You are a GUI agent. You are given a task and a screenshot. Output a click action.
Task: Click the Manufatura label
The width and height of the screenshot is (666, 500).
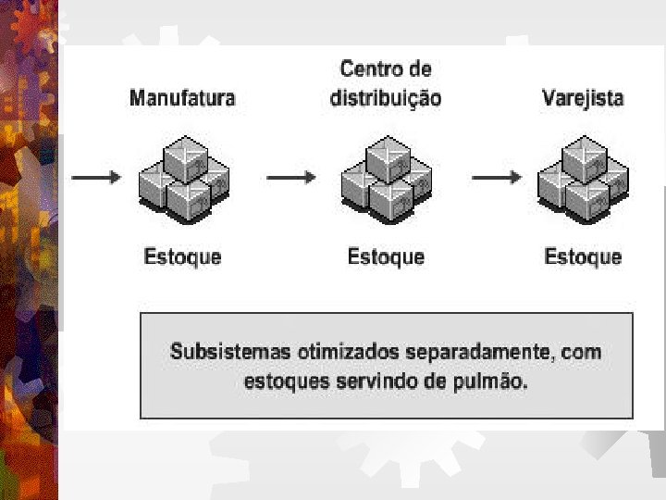182,97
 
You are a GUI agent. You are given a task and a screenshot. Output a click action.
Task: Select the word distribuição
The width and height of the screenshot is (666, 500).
386,98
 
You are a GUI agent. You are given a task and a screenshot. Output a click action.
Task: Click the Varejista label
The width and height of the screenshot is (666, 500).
583,97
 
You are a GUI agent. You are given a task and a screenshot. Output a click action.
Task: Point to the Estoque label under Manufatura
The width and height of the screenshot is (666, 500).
183,256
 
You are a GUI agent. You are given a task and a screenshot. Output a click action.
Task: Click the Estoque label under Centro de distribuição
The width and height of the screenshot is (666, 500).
386,256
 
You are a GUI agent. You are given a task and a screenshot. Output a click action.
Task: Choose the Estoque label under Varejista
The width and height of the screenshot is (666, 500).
583,256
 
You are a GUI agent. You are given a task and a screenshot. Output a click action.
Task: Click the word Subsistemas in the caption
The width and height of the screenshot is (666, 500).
230,353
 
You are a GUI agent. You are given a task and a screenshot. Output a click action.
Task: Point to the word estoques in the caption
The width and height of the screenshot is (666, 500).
284,381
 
